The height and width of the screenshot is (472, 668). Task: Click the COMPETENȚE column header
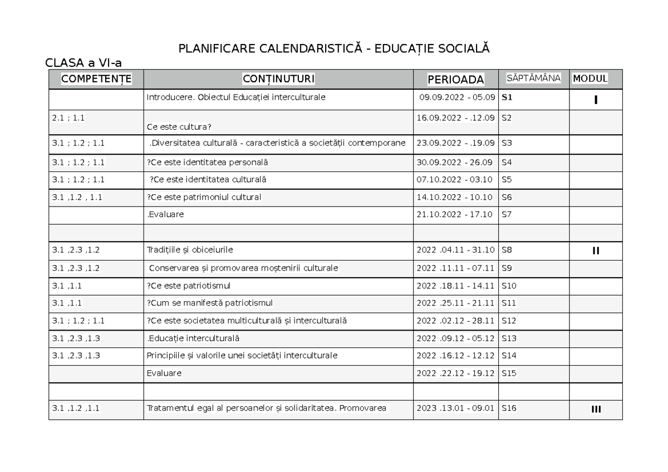96,79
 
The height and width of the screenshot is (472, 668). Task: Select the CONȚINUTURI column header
278,79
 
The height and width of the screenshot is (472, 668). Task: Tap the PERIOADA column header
456,80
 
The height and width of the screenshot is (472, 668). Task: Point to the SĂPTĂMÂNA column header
533,78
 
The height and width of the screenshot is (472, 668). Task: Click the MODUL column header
590,78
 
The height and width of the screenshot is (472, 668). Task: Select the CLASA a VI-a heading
83,63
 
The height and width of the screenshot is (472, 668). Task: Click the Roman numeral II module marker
596,250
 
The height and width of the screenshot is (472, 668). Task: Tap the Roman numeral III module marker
596,409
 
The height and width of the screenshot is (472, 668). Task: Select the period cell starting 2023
455,409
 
